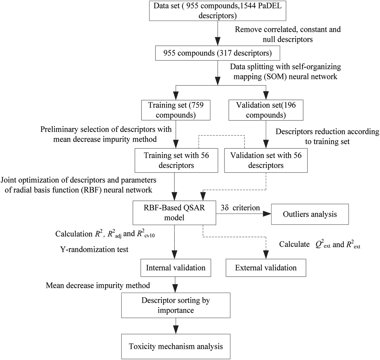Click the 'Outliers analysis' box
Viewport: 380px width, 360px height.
310,214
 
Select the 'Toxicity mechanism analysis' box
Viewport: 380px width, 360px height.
176,346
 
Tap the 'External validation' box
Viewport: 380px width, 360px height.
266,268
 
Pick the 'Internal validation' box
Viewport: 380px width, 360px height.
176,268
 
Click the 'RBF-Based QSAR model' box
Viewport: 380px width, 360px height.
174,212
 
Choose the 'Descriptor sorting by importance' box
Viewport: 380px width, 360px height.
176,305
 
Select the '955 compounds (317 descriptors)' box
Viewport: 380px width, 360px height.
218,53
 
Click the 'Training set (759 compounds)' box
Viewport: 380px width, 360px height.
176,110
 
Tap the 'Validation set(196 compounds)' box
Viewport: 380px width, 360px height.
266,110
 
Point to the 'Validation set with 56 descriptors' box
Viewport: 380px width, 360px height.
266,160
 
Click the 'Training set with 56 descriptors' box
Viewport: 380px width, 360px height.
176,160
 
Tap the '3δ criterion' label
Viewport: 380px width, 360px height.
240,208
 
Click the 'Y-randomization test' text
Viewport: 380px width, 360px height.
94,249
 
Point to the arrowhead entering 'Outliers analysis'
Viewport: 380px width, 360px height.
267,214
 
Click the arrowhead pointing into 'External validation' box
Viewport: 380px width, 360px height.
266,255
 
